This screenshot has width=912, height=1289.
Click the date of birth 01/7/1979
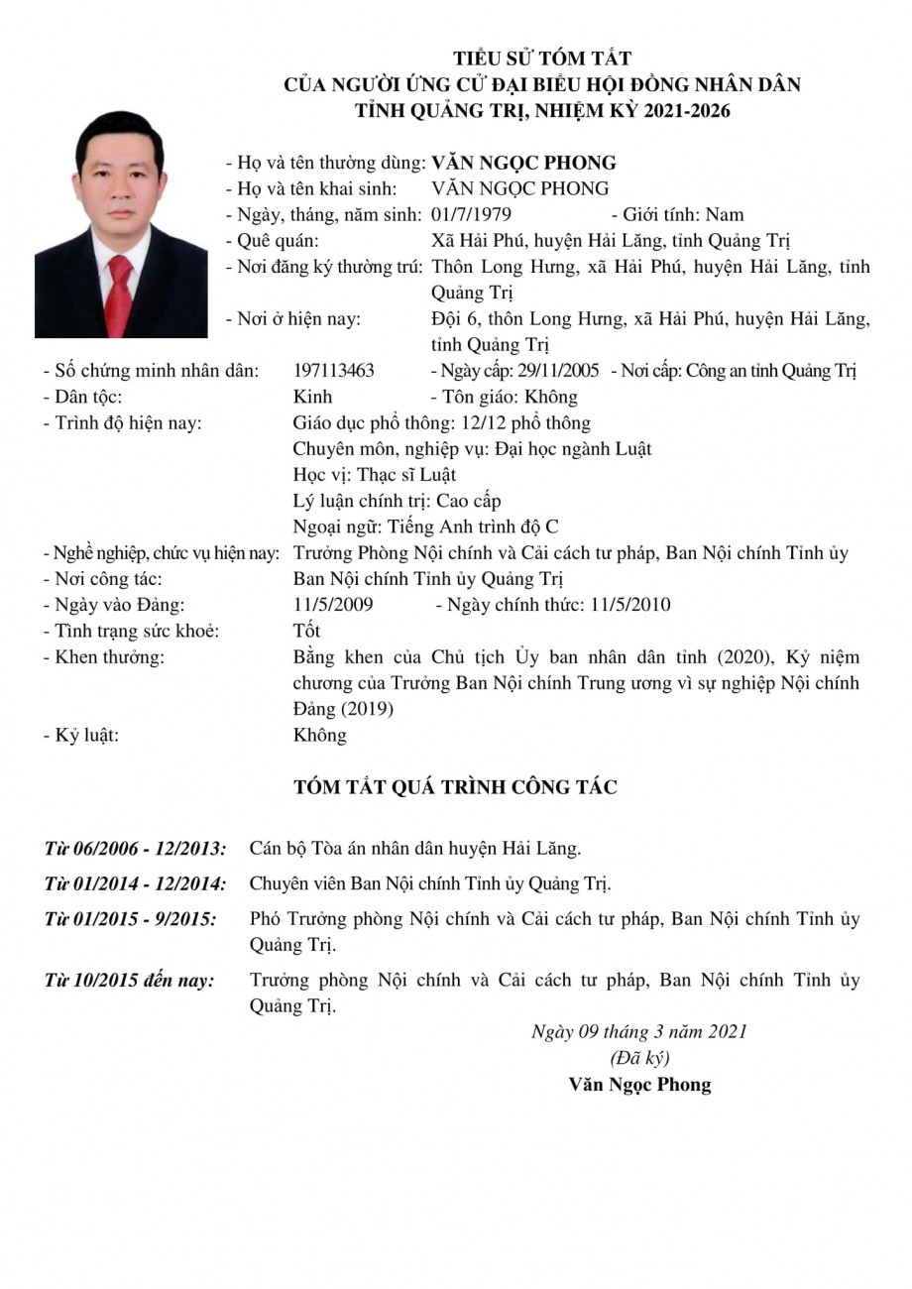[x=472, y=214]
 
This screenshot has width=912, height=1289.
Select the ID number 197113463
[x=334, y=371]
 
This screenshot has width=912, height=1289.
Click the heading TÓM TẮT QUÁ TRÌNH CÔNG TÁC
[x=456, y=787]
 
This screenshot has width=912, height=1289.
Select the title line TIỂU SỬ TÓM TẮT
[x=542, y=59]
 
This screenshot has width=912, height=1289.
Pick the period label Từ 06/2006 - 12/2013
[x=135, y=849]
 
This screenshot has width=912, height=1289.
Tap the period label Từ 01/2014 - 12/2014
[x=135, y=883]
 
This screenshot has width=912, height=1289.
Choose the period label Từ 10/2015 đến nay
[x=129, y=981]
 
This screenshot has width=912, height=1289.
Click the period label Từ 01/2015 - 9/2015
[x=130, y=919]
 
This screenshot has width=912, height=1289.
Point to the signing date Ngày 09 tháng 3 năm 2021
[x=639, y=1032]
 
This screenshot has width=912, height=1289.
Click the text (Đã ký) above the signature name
[x=639, y=1057]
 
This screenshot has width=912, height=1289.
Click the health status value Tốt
[x=307, y=631]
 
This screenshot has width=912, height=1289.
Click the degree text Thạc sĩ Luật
[x=406, y=475]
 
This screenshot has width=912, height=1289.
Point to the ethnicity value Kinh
[x=312, y=397]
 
